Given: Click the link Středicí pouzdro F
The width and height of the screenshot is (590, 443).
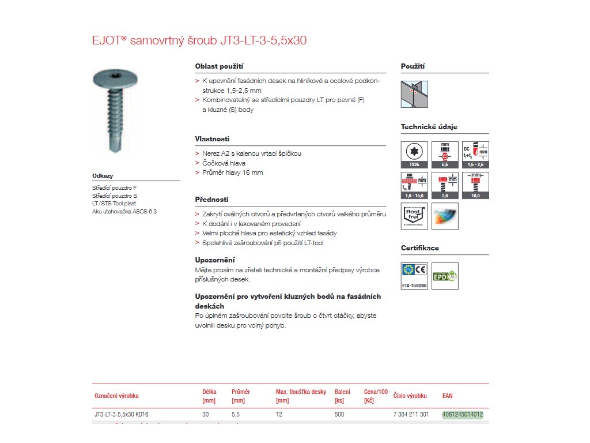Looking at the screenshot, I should pyautogui.click(x=114, y=187).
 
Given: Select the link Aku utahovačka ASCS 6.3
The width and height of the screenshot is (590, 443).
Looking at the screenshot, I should pyautogui.click(x=124, y=211).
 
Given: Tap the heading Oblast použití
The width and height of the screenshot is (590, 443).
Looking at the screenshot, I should pyautogui.click(x=219, y=66).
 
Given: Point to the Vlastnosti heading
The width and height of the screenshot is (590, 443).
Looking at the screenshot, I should pyautogui.click(x=212, y=139).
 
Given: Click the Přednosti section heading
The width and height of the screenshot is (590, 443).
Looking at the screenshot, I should pyautogui.click(x=212, y=199).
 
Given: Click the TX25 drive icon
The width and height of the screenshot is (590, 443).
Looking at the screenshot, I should pyautogui.click(x=414, y=155).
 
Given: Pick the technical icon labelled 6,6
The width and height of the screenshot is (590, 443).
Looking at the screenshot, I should pyautogui.click(x=445, y=155).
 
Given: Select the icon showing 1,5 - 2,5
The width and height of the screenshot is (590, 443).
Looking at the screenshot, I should pyautogui.click(x=475, y=155).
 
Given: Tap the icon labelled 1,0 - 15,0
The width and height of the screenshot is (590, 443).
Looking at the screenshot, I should pyautogui.click(x=414, y=185).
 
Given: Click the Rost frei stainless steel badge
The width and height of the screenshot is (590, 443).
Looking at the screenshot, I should pyautogui.click(x=414, y=216).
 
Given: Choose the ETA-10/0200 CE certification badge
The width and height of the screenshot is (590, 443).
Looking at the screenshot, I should pyautogui.click(x=414, y=276).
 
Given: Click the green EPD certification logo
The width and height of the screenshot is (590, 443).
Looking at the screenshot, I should pyautogui.click(x=445, y=276).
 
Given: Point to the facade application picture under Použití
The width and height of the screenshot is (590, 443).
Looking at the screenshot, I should pyautogui.click(x=414, y=94).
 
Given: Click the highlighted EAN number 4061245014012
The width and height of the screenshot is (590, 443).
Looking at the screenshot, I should pyautogui.click(x=462, y=414).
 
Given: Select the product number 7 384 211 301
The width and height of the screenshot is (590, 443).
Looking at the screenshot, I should pyautogui.click(x=411, y=414).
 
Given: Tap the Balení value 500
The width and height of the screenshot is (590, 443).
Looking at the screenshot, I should pyautogui.click(x=339, y=414).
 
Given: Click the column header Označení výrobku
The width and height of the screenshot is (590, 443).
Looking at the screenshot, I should pyautogui.click(x=116, y=396).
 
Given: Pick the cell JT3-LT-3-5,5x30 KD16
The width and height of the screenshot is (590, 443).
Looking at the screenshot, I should pyautogui.click(x=125, y=414).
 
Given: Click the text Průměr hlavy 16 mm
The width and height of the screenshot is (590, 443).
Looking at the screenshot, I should pyautogui.click(x=232, y=172).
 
